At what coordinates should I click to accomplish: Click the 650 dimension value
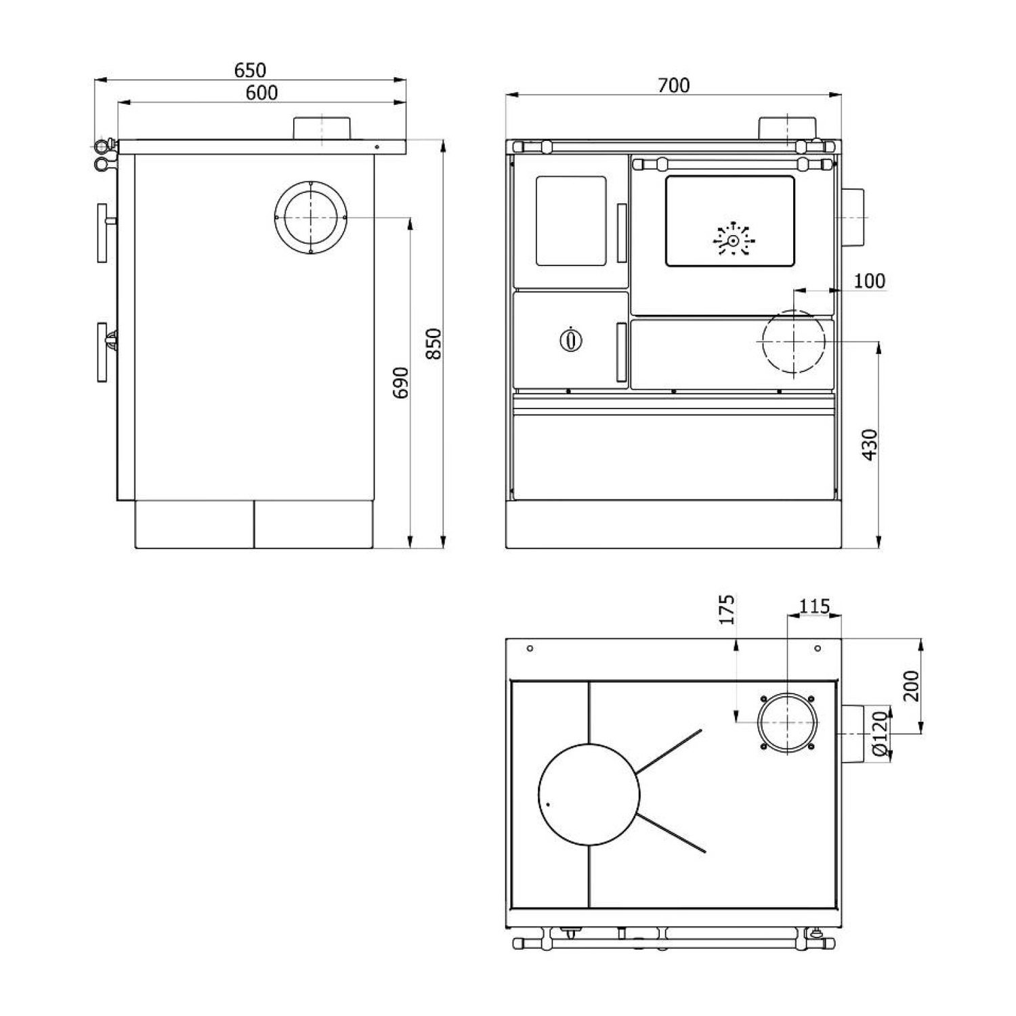tap(250, 70)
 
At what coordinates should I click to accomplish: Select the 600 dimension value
tap(261, 93)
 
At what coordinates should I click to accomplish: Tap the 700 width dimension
tap(673, 85)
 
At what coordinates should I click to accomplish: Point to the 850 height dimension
tap(433, 343)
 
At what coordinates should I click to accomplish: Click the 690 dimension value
tap(401, 382)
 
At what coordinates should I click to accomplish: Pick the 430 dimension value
tap(870, 444)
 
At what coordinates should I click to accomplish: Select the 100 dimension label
tap(869, 280)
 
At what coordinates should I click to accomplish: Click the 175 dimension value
tap(726, 610)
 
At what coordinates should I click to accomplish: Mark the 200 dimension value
tap(912, 685)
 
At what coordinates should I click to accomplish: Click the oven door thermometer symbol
tap(733, 240)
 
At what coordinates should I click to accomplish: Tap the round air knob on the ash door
tap(572, 339)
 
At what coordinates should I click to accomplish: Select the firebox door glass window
tap(571, 221)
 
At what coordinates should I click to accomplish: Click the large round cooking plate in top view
tap(589, 794)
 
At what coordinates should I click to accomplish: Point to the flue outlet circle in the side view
tap(311, 217)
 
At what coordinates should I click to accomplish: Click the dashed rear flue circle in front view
tap(793, 342)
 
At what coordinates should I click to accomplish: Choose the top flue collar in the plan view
tap(788, 722)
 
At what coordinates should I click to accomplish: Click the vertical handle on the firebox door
tap(621, 232)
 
